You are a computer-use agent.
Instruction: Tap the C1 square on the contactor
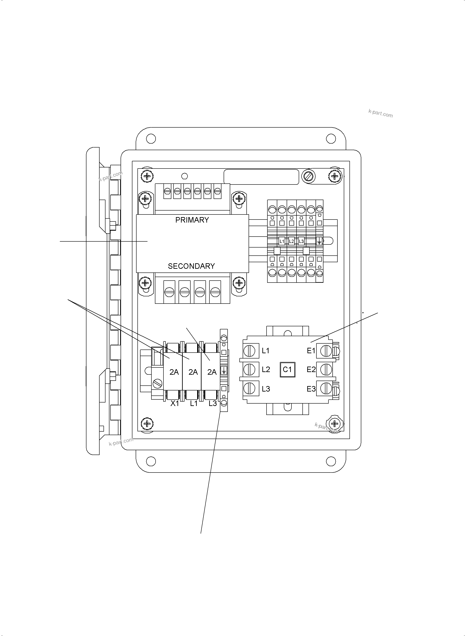pos(287,369)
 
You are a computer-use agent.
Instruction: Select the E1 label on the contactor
pos(311,351)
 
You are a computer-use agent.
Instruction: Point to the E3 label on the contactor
pos(311,389)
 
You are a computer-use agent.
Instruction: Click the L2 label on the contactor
pos(266,369)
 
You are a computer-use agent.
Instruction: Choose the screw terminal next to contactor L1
pos(249,351)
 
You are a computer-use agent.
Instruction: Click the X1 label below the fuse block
pos(175,403)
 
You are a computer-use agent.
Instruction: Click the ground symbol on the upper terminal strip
pos(319,241)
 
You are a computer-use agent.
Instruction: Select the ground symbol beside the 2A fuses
pos(223,370)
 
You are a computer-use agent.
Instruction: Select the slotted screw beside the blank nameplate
pos(308,177)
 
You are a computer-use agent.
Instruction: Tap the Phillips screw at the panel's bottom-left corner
pos(147,423)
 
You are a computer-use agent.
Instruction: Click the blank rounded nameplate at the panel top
pos(261,177)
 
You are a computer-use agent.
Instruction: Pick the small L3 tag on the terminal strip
pos(301,241)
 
